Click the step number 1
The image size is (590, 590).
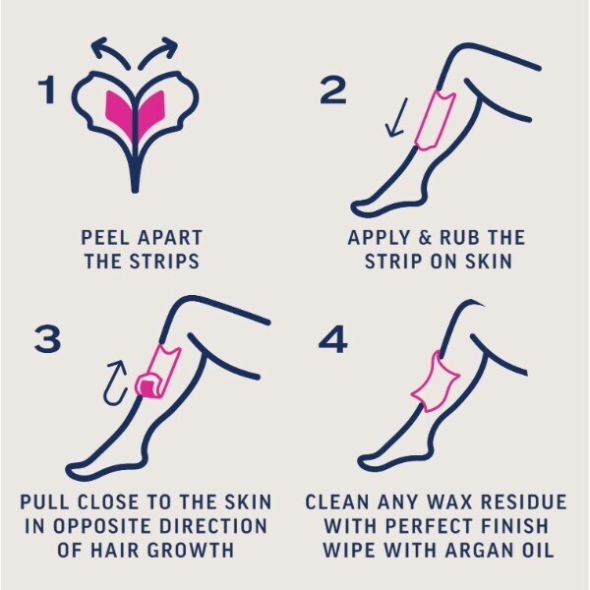(x=48, y=90)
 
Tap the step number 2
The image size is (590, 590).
(x=333, y=90)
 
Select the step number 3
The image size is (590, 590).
(x=47, y=339)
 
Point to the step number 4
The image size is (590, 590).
(x=334, y=339)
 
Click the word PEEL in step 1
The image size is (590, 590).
(x=101, y=238)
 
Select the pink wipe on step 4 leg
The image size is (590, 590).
(x=434, y=383)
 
